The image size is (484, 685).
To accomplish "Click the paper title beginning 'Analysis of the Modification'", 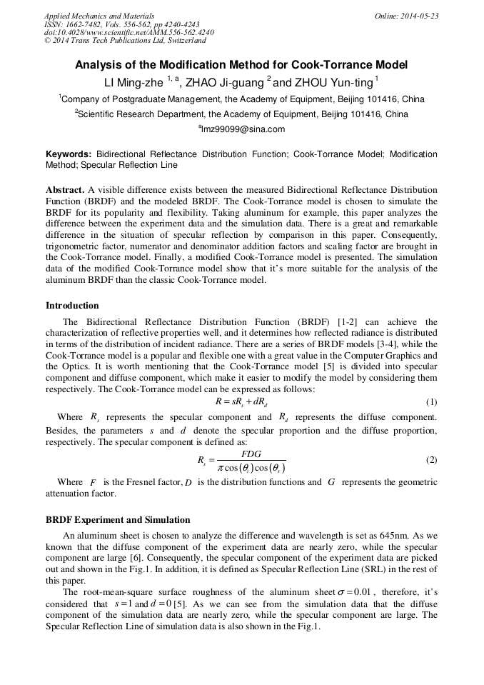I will point(241,65).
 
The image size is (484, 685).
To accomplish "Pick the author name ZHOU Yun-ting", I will point(332,81).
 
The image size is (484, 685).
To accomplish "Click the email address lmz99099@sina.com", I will point(241,129).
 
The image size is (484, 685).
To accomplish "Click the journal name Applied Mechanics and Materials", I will point(99,16).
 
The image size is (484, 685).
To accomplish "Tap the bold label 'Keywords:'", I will point(69,154).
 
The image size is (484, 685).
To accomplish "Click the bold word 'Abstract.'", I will point(65,190).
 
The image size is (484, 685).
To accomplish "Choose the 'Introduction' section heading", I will point(72,306).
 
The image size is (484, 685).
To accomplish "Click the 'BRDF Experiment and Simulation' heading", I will point(118,520).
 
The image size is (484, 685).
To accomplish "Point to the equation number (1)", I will point(431,402).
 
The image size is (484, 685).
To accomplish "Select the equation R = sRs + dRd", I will point(241,401).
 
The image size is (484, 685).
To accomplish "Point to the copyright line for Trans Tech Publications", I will point(125,41).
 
